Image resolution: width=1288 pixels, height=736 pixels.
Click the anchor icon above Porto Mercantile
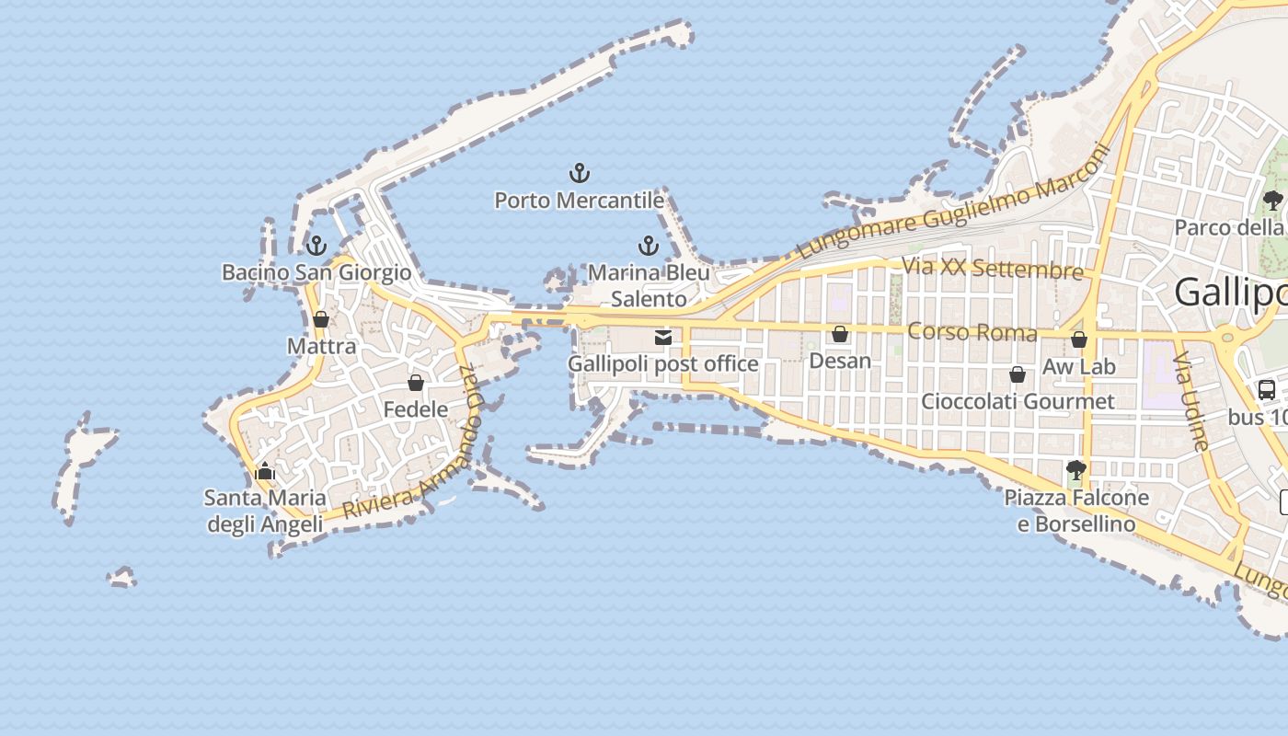(x=580, y=173)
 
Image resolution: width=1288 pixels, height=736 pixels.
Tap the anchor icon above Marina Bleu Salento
(x=649, y=246)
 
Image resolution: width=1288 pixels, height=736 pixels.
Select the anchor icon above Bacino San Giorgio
(x=316, y=246)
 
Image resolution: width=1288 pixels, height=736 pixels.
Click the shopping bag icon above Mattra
(x=321, y=319)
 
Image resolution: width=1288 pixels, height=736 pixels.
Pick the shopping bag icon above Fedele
(x=416, y=383)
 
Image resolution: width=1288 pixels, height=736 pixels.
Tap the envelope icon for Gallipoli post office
(x=663, y=338)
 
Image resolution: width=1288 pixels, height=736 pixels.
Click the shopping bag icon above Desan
(x=840, y=334)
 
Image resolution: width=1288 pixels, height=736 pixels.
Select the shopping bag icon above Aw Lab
(x=1079, y=339)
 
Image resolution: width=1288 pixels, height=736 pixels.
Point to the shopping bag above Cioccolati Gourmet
(x=1018, y=374)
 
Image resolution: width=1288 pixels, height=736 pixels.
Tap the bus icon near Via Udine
(x=1267, y=389)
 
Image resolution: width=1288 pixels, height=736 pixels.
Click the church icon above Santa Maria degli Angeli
(x=265, y=472)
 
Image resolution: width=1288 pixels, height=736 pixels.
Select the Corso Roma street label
(x=972, y=332)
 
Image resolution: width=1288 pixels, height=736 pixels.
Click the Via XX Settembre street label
(x=993, y=269)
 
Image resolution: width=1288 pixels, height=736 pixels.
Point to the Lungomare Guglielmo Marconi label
(x=953, y=201)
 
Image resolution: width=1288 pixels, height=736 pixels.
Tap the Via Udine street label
(x=1193, y=401)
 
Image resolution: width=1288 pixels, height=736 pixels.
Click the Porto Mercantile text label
(x=580, y=200)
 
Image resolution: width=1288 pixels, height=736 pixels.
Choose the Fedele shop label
(x=416, y=409)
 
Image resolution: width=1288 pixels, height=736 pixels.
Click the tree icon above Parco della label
(x=1272, y=200)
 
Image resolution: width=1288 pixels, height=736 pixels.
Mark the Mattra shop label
(x=321, y=346)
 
